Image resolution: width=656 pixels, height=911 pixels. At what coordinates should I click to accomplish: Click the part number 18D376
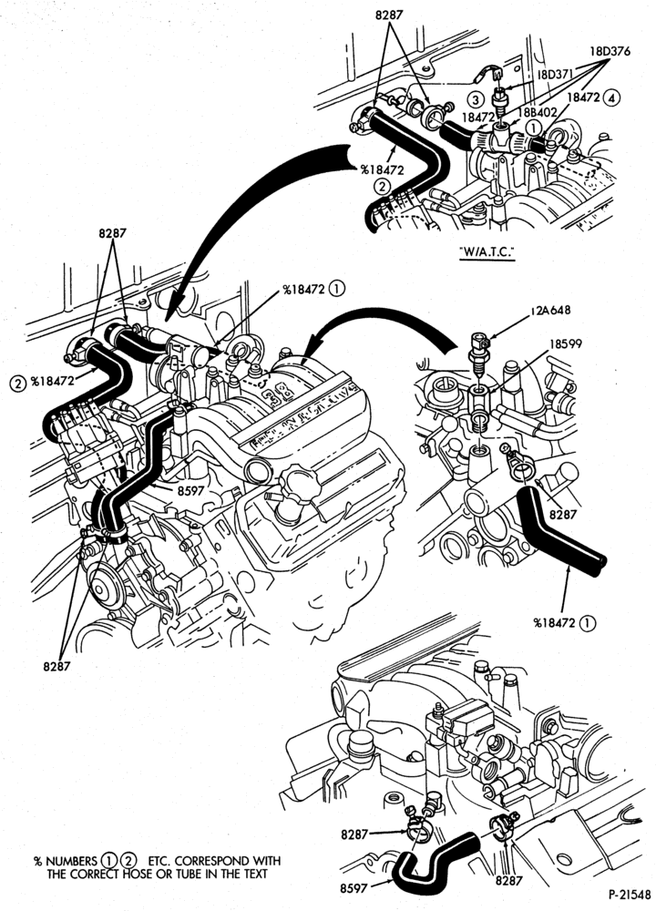coord(610,51)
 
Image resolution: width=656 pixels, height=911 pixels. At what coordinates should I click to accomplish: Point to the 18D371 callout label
coord(555,74)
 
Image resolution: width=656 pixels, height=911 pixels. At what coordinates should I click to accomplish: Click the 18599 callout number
coord(566,344)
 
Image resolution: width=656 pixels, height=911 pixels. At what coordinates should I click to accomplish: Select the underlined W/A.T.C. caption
coord(487,251)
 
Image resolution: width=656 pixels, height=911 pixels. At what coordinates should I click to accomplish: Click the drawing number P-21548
coord(630,895)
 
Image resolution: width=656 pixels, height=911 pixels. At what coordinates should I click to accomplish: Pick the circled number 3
coord(476,100)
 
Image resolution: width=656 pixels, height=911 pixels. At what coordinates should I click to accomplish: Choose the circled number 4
coord(611,97)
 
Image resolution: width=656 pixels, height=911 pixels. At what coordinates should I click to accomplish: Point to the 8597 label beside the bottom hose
coord(354,888)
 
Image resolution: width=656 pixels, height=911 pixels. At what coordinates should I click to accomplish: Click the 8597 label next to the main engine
coord(190,491)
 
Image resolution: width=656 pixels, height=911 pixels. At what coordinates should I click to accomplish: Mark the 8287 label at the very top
coord(389,15)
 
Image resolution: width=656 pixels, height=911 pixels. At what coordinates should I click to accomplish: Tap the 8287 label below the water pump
coord(56,667)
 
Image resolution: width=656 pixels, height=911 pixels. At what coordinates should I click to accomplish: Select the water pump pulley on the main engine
coord(100,589)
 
